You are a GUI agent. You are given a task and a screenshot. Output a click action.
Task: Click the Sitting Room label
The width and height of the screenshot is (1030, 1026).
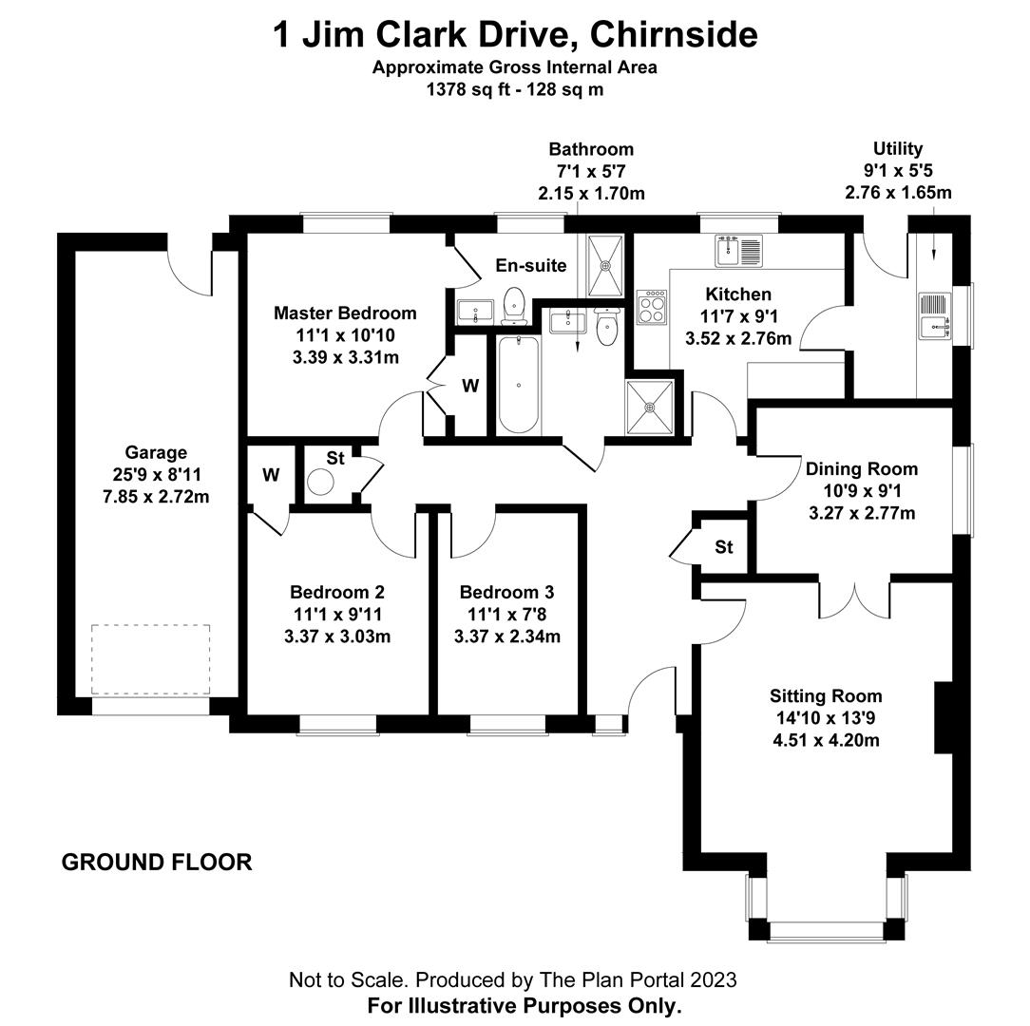coord(826,696)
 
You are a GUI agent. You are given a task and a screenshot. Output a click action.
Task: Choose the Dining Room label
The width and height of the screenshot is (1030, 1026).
coord(862,468)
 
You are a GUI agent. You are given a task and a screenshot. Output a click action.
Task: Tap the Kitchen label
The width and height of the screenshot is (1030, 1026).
coord(738,294)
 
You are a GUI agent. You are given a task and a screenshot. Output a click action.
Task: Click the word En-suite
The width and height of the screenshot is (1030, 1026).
coord(531,266)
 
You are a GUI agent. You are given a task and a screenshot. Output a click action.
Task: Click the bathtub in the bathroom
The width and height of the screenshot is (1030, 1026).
coord(519,385)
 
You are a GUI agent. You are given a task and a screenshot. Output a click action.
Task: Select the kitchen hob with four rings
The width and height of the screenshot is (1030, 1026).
coord(650,305)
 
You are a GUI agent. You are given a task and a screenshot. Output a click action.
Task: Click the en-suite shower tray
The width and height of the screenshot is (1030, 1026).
coord(605,265)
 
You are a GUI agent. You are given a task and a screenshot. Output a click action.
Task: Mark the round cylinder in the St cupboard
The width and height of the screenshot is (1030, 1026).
coord(323,482)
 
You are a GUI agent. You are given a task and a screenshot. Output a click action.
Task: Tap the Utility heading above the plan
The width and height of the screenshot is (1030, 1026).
coord(898,149)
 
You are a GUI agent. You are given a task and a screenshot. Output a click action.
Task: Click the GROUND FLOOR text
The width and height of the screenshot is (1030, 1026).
coord(157,863)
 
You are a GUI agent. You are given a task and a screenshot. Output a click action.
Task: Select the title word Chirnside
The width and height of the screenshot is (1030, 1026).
coord(674,36)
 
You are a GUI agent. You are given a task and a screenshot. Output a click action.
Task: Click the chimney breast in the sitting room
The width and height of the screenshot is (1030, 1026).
coord(944,717)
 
